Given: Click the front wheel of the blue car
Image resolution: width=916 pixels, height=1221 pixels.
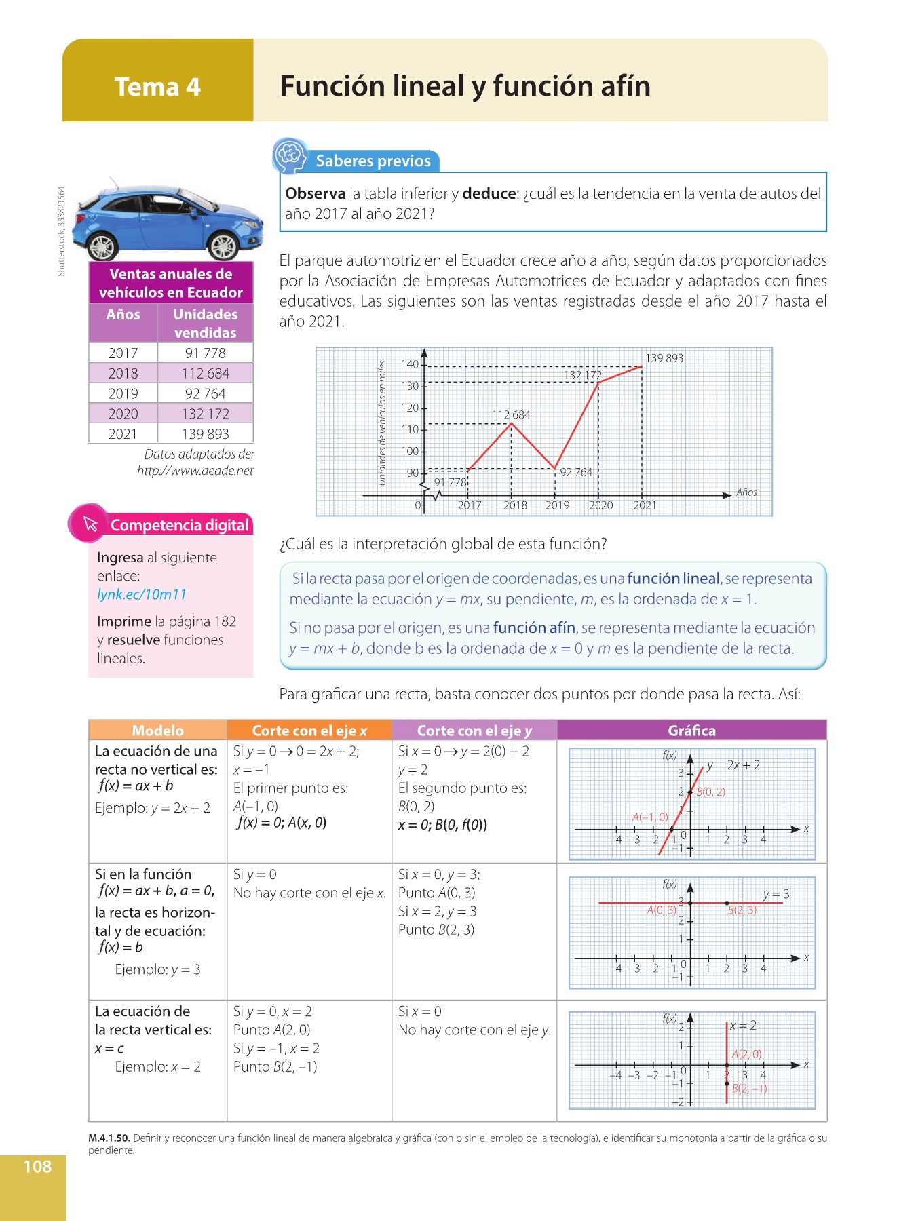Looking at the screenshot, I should (x=222, y=246).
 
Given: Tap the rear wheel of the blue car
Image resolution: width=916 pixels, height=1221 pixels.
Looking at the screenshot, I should (x=103, y=246).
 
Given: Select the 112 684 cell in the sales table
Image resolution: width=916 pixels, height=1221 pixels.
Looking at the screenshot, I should (x=205, y=373).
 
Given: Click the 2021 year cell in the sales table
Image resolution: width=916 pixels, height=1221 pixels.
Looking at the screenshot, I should (x=123, y=434).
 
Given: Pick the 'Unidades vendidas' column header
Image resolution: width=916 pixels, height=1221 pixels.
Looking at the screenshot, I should (x=205, y=323).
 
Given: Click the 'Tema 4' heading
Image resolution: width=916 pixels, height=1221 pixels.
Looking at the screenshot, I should (x=157, y=87).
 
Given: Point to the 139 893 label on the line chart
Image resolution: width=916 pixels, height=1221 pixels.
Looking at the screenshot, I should (x=664, y=358).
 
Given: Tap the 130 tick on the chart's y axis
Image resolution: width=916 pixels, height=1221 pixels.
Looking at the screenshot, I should (x=410, y=386).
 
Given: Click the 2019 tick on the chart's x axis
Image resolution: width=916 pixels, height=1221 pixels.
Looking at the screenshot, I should (x=557, y=505).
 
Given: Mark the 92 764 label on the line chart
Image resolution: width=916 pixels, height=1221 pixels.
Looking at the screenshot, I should (x=575, y=472).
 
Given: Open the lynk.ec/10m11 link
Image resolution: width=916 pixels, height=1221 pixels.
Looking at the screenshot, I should (x=141, y=594).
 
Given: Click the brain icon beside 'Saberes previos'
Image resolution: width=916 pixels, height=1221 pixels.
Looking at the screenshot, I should (x=290, y=155).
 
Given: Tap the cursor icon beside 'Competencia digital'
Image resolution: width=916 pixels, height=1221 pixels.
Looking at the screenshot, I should (x=90, y=524).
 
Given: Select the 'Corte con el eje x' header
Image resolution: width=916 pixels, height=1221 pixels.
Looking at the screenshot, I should (x=309, y=731).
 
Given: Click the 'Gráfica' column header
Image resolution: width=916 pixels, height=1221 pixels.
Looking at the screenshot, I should (x=691, y=731).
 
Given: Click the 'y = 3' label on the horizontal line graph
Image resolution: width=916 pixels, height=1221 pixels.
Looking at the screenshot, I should (x=776, y=894).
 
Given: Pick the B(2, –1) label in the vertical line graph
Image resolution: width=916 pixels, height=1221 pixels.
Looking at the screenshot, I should (x=749, y=1089).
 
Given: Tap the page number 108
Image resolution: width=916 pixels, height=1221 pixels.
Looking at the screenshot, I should (x=37, y=1167).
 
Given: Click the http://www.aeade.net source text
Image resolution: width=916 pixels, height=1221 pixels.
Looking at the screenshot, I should (x=195, y=471).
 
